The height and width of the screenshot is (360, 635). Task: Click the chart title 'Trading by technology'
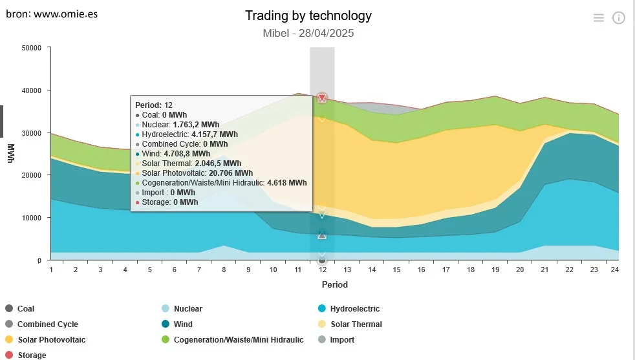(x=308, y=16)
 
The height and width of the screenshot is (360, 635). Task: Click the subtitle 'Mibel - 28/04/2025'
(x=308, y=33)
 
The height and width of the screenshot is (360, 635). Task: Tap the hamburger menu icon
(x=599, y=18)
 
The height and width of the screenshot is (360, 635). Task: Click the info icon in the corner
(x=619, y=18)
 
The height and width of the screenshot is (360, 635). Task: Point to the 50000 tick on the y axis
(x=31, y=48)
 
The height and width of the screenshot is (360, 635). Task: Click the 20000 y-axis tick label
(x=31, y=175)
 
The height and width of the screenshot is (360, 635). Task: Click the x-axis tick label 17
(x=446, y=270)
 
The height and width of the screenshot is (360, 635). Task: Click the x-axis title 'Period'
(x=334, y=284)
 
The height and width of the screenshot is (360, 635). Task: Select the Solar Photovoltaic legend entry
(x=51, y=340)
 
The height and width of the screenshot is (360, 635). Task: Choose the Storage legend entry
(x=32, y=355)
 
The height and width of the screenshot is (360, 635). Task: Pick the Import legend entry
(x=342, y=340)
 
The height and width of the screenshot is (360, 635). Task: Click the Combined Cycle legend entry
(x=47, y=324)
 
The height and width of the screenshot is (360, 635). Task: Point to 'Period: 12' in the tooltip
(x=154, y=105)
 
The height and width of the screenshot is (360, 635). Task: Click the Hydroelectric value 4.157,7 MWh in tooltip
(x=215, y=134)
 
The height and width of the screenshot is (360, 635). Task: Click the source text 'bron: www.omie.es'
(x=52, y=13)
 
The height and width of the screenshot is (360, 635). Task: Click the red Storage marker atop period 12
(x=322, y=98)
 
